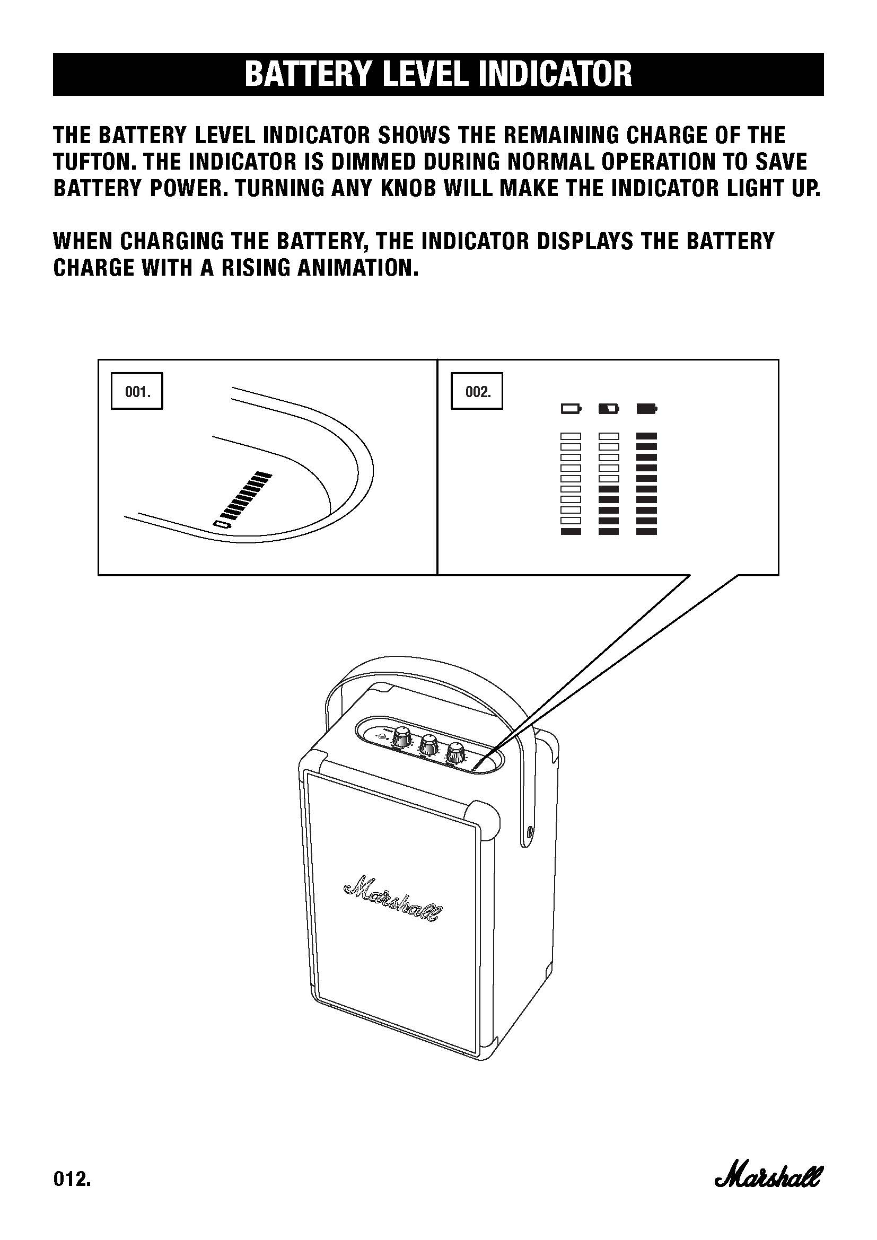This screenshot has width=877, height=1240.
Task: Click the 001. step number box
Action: pos(137,391)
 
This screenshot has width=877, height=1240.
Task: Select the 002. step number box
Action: pos(477,391)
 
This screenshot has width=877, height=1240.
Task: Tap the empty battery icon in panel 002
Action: pos(572,408)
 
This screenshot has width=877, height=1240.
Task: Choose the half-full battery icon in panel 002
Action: pos(609,408)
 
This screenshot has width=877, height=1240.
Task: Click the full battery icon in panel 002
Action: pos(647,408)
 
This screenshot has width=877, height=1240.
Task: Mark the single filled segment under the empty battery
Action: pos(571,531)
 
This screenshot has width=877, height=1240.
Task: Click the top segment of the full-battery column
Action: pos(647,436)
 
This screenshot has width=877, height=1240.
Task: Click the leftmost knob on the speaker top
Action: pos(402,737)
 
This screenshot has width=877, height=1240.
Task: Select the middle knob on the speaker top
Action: pos(429,745)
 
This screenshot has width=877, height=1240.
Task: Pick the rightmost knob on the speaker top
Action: pos(456,753)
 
